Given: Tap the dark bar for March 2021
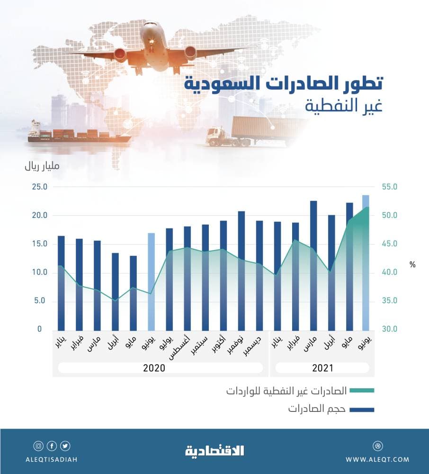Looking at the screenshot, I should (x=313, y=265).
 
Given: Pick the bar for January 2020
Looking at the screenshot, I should (x=61, y=283).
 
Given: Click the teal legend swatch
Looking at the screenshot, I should (x=362, y=391).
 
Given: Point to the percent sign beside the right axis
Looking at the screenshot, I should (x=412, y=265).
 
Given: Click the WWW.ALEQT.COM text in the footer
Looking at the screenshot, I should (x=377, y=459).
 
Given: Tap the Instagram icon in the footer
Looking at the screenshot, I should (x=38, y=446).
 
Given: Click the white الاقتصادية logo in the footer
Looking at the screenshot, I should (x=214, y=450).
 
